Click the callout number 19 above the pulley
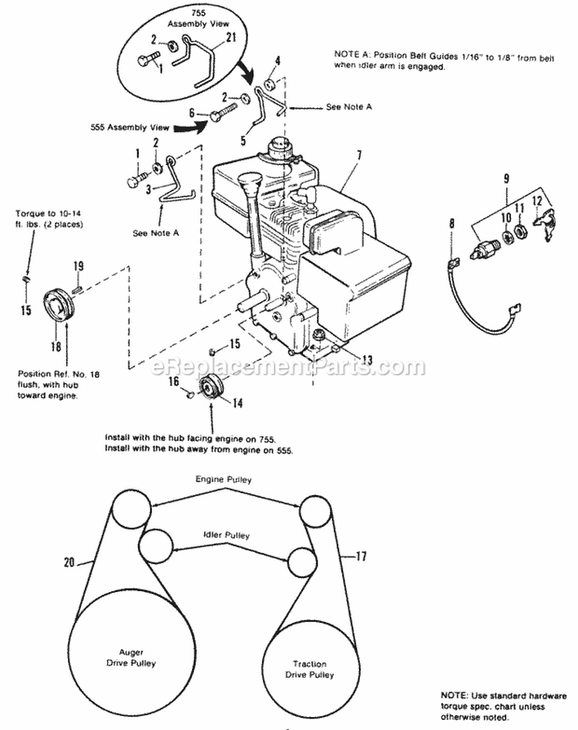click(x=79, y=267)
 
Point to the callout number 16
click(x=175, y=381)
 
